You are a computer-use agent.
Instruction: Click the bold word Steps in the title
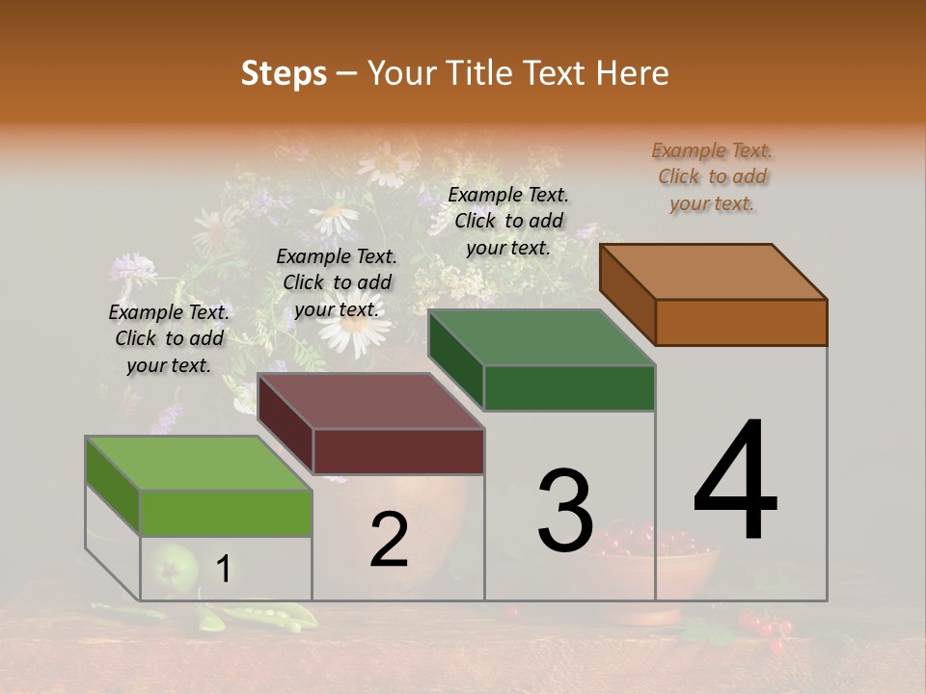pos(284,73)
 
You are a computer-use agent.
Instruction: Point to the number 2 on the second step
pos(389,540)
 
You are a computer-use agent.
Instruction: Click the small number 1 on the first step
pos(223,570)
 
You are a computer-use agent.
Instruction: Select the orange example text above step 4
pos(712,177)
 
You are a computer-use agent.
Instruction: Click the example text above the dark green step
pos(508,221)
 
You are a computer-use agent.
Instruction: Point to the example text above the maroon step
pos(337,282)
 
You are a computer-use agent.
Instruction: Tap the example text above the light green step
pos(169,338)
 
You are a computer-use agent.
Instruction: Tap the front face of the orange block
pos(741,322)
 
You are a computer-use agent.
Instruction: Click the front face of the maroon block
pos(398,451)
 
